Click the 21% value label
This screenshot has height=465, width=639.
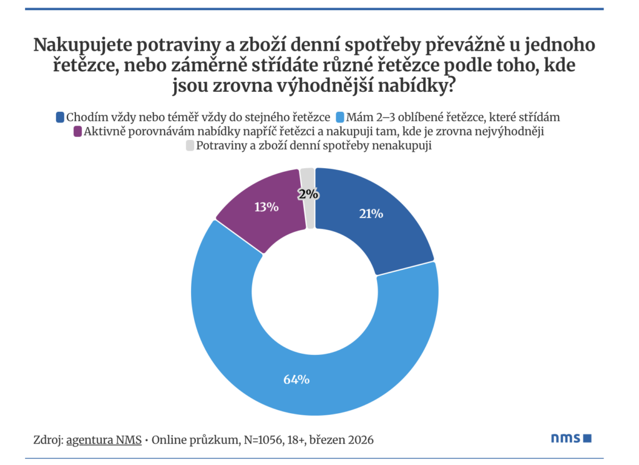click(x=371, y=214)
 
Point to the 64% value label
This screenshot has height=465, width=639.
click(x=296, y=379)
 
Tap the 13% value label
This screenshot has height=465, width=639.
click(x=266, y=207)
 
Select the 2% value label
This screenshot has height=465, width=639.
click(x=308, y=194)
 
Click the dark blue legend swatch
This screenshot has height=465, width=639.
click(x=60, y=117)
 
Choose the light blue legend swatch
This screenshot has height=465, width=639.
click(x=340, y=117)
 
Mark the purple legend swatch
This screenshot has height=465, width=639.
click(x=77, y=131)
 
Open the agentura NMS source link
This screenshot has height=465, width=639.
click(x=103, y=439)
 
